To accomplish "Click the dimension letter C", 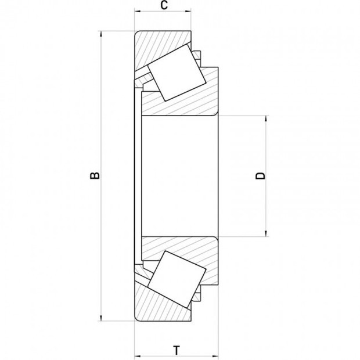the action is (x=164, y=5).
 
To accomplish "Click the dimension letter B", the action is (x=95, y=175).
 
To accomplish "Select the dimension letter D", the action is (x=260, y=176).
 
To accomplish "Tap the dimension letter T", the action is (x=177, y=350).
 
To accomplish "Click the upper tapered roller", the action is (x=177, y=73).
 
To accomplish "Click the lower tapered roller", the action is (x=177, y=279).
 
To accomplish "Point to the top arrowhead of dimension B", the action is (x=101, y=34).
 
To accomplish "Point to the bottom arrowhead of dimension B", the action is (x=101, y=318).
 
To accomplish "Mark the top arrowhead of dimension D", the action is (x=266, y=118).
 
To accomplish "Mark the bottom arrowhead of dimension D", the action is (x=266, y=233).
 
